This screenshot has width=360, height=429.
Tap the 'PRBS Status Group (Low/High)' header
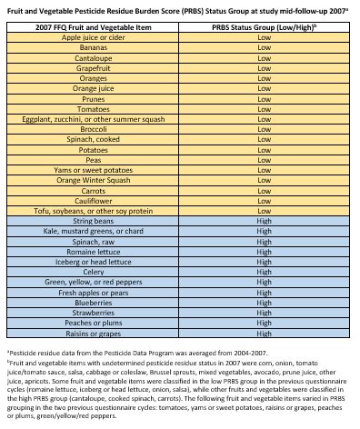265,28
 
